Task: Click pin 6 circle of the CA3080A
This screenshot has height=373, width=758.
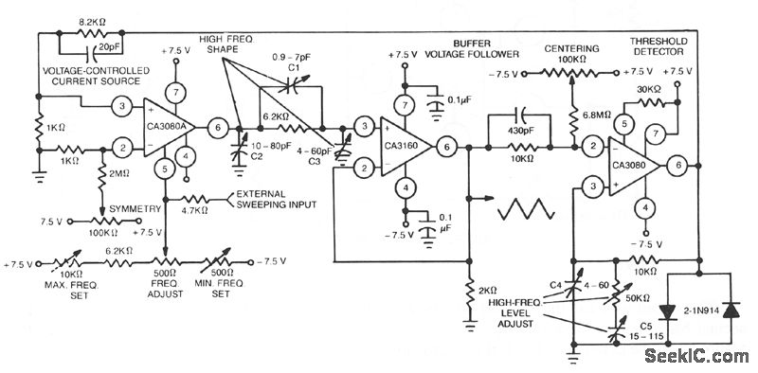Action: click(x=217, y=126)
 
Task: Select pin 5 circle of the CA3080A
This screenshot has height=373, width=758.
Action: click(x=165, y=169)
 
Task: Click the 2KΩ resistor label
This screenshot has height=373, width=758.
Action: click(x=488, y=291)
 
